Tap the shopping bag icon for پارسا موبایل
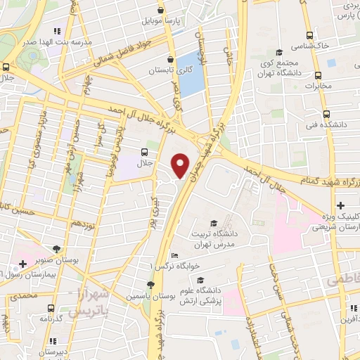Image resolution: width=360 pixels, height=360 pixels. pos(161,11)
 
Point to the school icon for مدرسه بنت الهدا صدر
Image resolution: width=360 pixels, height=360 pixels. pos(57,32)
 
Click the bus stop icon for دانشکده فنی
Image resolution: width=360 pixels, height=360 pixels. pos(326,114)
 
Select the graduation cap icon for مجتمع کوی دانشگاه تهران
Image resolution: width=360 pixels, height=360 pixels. pos(279,52)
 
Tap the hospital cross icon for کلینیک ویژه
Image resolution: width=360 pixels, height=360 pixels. pos(340,205)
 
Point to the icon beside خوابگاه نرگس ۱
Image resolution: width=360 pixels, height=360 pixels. pos(175,255)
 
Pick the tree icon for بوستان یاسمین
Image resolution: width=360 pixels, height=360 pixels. pos(150,285)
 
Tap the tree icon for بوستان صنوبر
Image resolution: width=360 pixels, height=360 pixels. pos(56,249)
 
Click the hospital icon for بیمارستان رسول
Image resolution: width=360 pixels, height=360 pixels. pos(22,264)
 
